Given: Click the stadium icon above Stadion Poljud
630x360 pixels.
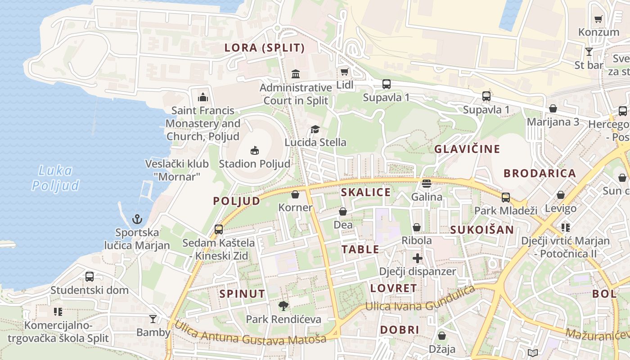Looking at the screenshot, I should [x=255, y=150].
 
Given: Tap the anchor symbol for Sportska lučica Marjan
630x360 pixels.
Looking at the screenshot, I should [x=137, y=219].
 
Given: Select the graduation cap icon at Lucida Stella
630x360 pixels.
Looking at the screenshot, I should [x=315, y=130].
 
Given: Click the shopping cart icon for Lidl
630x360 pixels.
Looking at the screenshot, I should [x=345, y=72].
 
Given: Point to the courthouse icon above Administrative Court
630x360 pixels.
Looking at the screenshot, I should [x=296, y=74].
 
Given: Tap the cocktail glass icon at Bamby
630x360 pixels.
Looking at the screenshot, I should [x=153, y=319].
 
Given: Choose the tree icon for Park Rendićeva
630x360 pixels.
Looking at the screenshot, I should [x=283, y=306].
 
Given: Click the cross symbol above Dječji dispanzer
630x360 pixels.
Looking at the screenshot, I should [x=418, y=258].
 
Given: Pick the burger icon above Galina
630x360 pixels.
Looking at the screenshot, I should [x=427, y=184].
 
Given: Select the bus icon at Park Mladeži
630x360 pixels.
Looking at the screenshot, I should [x=506, y=197].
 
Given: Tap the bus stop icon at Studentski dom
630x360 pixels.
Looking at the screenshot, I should [x=90, y=276].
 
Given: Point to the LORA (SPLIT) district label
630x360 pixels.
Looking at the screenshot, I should [x=265, y=48].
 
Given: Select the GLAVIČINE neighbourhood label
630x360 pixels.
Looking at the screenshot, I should [x=467, y=149].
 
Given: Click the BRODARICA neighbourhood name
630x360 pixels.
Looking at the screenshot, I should [x=540, y=173].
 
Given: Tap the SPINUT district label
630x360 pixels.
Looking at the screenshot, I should [x=242, y=294].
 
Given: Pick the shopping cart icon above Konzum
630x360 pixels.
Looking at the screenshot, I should [x=598, y=19].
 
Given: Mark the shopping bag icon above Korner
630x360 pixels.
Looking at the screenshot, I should [x=295, y=194].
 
